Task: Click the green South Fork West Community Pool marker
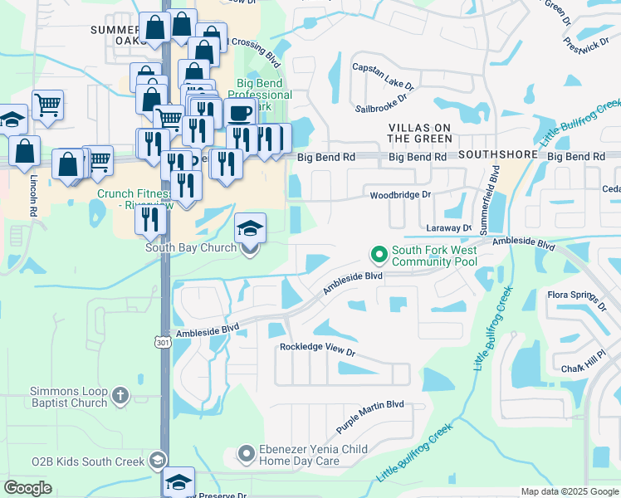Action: tap(379, 253)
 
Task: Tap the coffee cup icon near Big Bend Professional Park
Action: tap(239, 113)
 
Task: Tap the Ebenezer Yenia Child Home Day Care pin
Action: tap(246, 454)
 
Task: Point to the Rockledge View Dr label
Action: tap(317, 351)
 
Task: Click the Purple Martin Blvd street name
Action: tap(369, 417)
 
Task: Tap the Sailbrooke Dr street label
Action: tap(381, 102)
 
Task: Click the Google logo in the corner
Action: tap(27, 488)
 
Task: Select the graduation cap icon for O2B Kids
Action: tap(157, 461)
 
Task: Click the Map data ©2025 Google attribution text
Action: tap(569, 491)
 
